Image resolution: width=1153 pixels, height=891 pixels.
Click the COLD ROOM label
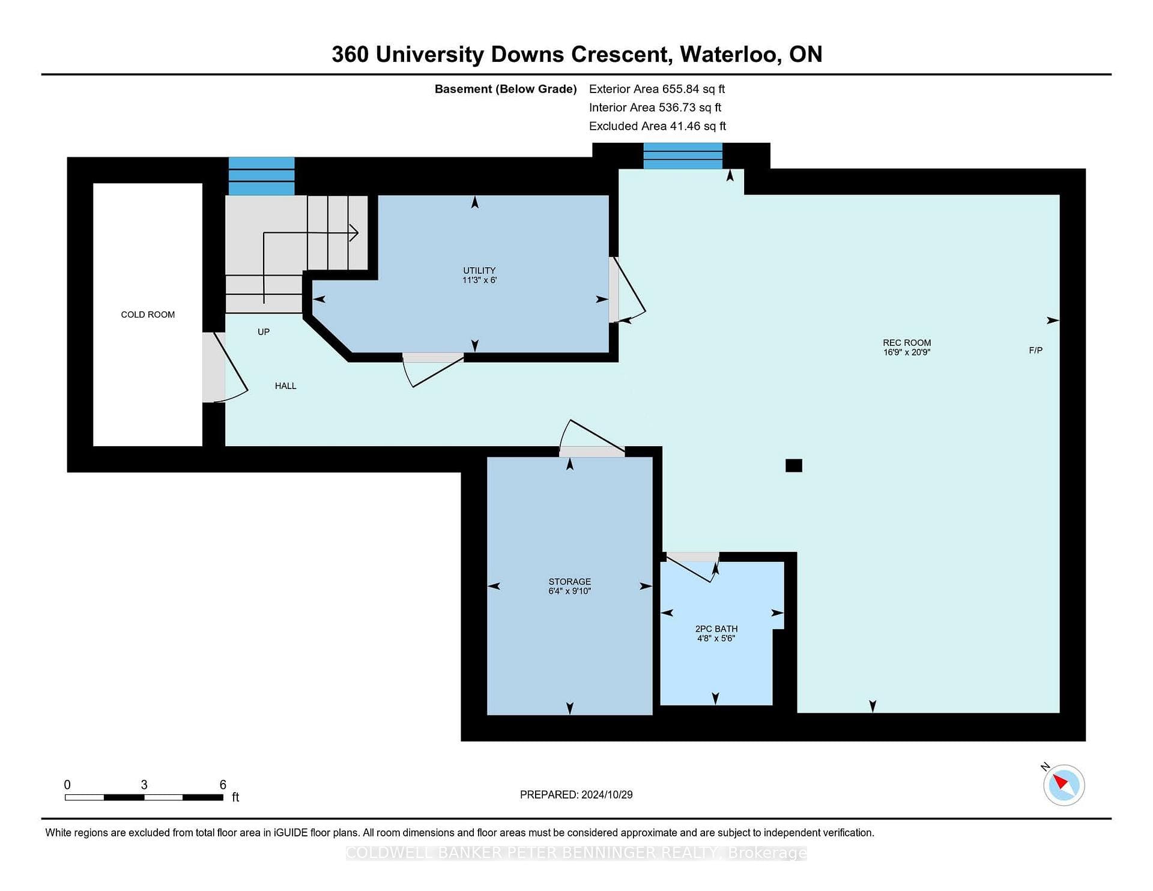tap(148, 315)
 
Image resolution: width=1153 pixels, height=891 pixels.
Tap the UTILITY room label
tap(479, 270)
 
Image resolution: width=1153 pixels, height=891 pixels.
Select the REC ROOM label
tap(907, 343)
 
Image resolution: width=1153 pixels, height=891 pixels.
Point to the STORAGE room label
tap(570, 582)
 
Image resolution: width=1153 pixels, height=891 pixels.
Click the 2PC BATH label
tap(716, 629)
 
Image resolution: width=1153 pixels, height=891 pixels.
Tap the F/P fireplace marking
tap(1036, 350)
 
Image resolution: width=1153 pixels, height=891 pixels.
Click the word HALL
tap(286, 386)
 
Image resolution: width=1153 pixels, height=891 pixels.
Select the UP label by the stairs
tap(264, 332)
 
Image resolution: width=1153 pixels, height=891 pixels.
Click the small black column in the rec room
tap(794, 465)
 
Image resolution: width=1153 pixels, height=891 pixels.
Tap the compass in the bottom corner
tap(1064, 785)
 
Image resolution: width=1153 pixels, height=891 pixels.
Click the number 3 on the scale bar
tap(144, 785)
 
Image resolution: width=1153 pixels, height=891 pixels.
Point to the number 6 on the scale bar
tap(223, 785)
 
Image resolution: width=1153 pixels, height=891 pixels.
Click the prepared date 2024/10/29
tap(607, 794)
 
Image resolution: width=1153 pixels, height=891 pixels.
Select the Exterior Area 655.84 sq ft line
tap(657, 89)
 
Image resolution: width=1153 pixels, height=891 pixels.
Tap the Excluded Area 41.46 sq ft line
tap(658, 126)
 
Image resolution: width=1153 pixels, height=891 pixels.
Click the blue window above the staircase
tap(262, 176)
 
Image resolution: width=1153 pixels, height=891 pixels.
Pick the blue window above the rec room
tap(683, 156)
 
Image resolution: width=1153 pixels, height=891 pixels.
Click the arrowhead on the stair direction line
tap(354, 232)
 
